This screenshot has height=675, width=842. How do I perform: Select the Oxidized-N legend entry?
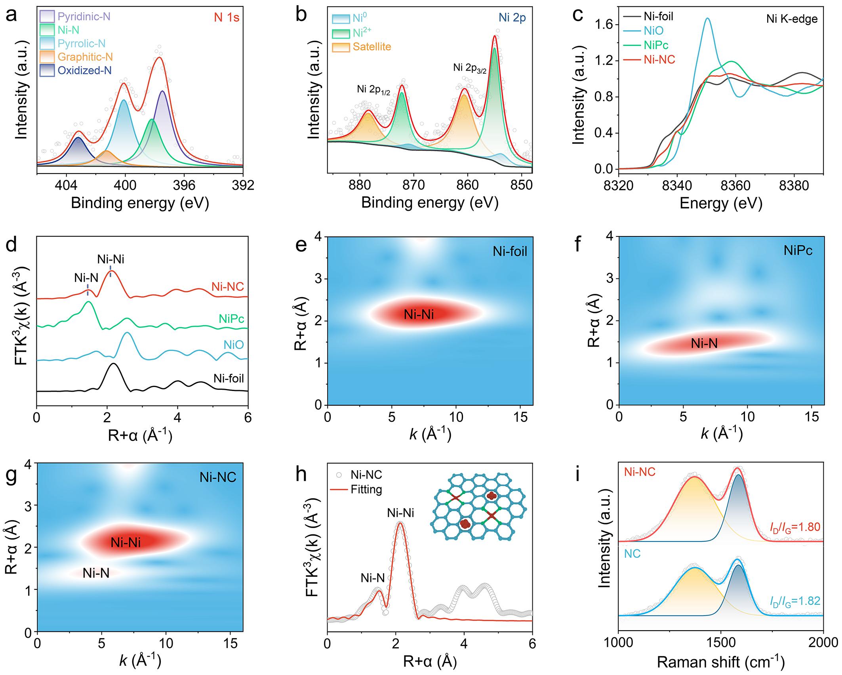point(84,71)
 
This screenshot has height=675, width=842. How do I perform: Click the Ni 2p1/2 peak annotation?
point(373,90)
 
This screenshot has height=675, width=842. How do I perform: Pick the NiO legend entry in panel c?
point(653,31)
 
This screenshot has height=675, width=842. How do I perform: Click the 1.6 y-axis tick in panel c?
point(604,25)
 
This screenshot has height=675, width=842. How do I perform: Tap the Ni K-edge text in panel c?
point(792,19)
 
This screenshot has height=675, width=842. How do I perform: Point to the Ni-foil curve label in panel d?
point(229,379)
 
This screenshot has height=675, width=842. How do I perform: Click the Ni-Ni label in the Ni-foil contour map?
point(419,315)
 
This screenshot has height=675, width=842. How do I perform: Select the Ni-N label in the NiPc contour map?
point(704,343)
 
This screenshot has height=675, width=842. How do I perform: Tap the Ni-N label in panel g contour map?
point(96,573)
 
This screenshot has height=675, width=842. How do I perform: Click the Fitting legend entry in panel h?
point(366,490)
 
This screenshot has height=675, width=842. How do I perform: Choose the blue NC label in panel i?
point(632,554)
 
